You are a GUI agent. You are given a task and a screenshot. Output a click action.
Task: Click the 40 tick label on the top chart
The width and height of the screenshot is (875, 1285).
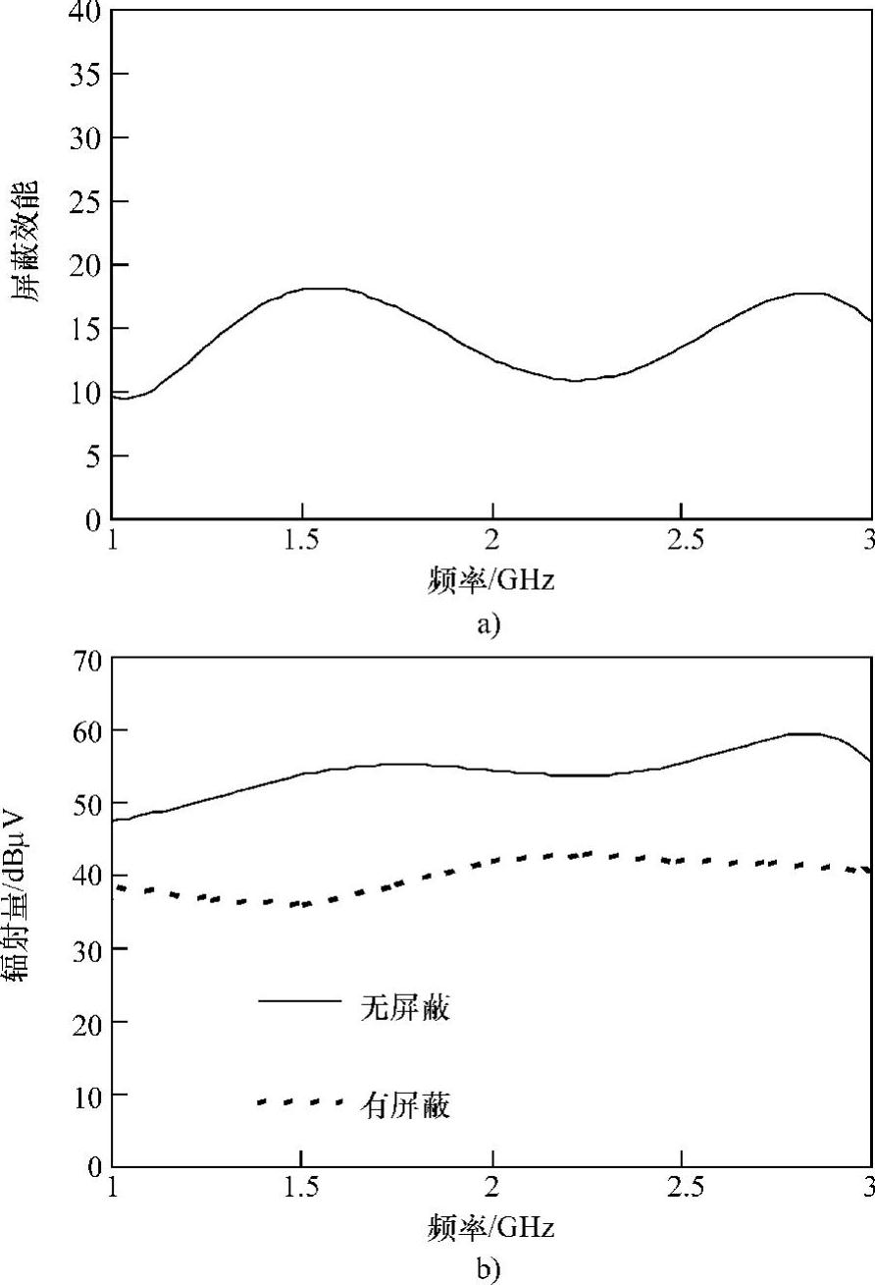(86, 12)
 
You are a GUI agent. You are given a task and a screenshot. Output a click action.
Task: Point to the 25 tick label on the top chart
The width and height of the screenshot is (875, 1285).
(86, 201)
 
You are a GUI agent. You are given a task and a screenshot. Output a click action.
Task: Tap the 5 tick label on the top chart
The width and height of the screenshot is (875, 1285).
(93, 455)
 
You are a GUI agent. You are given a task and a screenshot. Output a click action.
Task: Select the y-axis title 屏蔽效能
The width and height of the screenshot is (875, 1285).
(26, 240)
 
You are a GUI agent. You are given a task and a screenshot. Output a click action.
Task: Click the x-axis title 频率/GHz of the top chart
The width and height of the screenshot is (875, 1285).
(491, 579)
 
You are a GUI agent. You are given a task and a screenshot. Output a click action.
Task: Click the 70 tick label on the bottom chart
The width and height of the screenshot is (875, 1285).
(86, 659)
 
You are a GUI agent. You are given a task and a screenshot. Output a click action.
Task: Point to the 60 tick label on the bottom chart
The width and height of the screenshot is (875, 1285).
(86, 730)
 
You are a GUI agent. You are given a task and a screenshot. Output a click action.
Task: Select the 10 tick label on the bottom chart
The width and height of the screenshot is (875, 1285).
(86, 1094)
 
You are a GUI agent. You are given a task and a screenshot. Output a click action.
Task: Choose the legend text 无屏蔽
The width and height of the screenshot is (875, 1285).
(405, 1008)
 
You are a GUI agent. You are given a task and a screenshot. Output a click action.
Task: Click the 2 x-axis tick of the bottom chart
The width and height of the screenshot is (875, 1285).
(492, 1189)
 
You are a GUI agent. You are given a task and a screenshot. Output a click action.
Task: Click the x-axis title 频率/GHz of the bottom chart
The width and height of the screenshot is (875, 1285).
(491, 1226)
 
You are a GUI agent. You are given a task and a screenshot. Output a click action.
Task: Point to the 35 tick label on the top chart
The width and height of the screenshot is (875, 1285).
(86, 75)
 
